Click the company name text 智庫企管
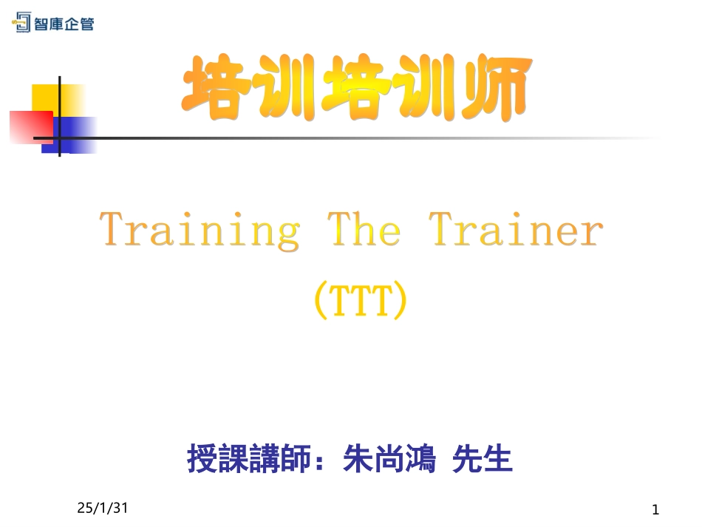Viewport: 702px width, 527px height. (64, 24)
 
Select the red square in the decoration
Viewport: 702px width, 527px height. (30, 126)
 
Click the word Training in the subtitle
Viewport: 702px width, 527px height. (200, 231)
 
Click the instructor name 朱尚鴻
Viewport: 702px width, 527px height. (389, 459)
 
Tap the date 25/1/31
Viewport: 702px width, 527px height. (103, 509)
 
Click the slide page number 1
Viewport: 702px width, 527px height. (655, 509)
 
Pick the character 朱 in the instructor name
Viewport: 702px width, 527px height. (358, 459)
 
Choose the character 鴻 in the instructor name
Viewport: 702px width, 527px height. (420, 459)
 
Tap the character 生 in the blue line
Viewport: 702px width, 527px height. (498, 459)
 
